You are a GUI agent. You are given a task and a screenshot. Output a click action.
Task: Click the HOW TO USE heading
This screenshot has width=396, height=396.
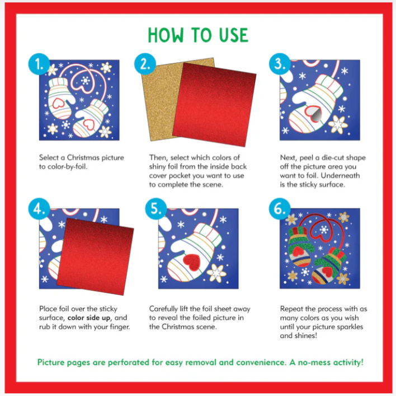tap(197, 35)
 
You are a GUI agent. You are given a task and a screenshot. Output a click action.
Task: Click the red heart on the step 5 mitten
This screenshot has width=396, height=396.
tap(191, 262)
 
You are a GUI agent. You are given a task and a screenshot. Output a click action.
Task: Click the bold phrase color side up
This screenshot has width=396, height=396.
tap(93, 317)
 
